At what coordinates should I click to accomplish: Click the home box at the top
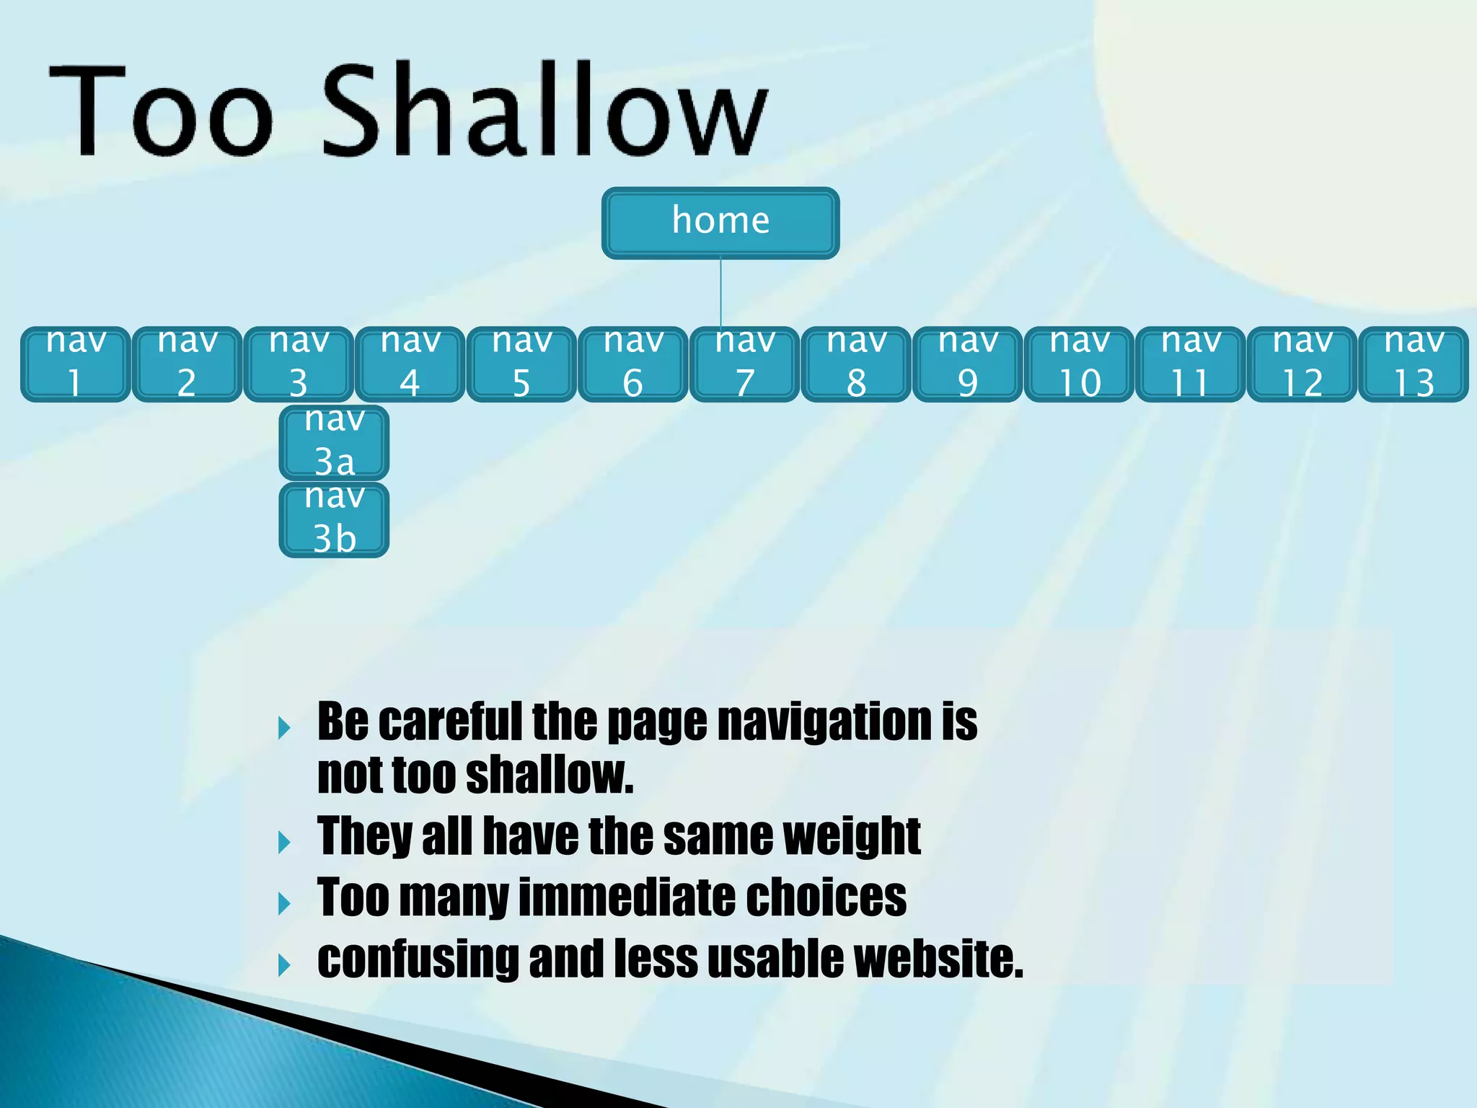tap(720, 222)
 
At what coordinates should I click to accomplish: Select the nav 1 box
tap(76, 364)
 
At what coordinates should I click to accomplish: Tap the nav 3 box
tap(299, 364)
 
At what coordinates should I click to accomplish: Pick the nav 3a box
tap(334, 442)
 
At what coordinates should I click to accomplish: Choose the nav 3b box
tap(334, 520)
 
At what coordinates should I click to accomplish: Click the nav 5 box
tap(521, 364)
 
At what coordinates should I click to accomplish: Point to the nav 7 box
tap(744, 364)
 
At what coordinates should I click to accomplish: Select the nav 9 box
tap(967, 364)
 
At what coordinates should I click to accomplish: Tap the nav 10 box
tap(1079, 364)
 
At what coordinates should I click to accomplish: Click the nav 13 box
tap(1414, 364)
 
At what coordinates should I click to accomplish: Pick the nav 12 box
tap(1302, 364)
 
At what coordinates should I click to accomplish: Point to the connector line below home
tap(720, 292)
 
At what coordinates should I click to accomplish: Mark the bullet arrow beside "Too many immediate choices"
tap(284, 903)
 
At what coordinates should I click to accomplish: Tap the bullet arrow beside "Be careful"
tap(284, 728)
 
